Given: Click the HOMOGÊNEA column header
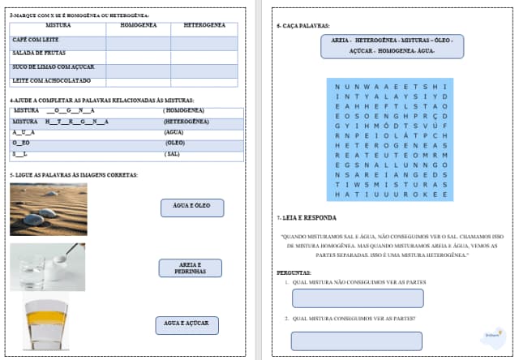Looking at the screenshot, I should point(139,26).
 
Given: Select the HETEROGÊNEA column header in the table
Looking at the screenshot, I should point(204,26).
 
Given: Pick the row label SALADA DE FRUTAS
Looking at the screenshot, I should point(37,53).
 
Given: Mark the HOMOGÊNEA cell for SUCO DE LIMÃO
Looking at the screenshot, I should point(139,67).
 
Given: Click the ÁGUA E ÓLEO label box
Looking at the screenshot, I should point(191,207).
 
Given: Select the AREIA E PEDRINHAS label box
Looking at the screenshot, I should point(191,268).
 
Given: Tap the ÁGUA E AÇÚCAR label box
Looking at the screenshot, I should point(187,324).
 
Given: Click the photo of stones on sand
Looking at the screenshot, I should point(49,209).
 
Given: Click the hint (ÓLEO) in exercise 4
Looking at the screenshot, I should point(175,142).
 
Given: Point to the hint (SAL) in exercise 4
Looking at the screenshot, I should point(172,153).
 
